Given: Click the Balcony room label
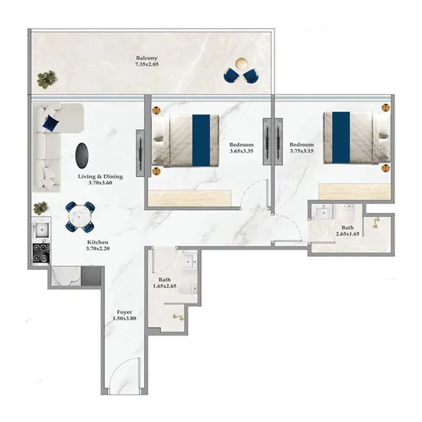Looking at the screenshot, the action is coord(147,58).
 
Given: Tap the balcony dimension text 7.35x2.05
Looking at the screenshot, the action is coord(147,64).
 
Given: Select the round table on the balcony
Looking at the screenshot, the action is coord(241,64).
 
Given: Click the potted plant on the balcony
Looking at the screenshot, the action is coord(47,79).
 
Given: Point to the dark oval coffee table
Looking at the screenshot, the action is coord(82,155).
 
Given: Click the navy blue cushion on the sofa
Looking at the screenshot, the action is coord(51,123).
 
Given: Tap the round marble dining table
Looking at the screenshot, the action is coord(80,217).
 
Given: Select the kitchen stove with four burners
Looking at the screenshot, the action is coord(41,253).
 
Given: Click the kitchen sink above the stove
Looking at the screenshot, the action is coord(41,229).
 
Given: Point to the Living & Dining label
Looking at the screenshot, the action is coord(101,177).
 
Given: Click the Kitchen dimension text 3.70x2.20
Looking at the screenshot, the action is coord(98,248).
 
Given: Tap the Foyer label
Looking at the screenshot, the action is coord(124,312).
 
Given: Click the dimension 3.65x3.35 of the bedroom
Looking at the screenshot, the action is coord(241,151).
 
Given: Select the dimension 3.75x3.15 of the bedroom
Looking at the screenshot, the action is coord(302,151).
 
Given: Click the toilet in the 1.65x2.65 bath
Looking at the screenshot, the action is coord(188,289).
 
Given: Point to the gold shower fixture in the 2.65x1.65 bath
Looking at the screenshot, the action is coord(376,223).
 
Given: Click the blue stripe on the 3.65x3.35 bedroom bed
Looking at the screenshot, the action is coord(201,141).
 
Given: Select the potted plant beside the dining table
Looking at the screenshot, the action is coord(41,208).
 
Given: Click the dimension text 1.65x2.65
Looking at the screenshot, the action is coord(165,286).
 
